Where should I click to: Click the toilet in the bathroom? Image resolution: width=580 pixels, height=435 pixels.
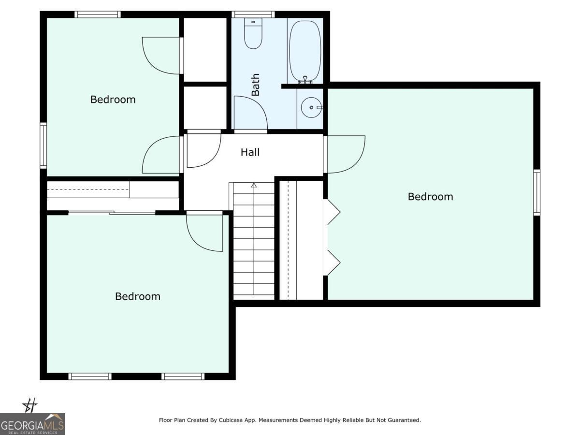click(x=253, y=34)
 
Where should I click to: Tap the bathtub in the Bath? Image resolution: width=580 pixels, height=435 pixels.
click(x=305, y=50)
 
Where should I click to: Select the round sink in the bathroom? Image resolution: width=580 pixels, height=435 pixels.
click(x=311, y=107)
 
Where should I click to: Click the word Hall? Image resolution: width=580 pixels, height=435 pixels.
click(x=250, y=152)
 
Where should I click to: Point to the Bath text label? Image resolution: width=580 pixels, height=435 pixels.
click(x=255, y=85)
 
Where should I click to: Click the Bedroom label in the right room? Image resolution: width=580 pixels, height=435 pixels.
click(x=430, y=197)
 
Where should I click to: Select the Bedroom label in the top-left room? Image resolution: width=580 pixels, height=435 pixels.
click(x=113, y=100)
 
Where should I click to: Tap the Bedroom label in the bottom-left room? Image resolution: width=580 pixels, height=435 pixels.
click(x=137, y=296)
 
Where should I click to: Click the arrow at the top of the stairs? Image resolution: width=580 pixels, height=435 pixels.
click(x=254, y=185)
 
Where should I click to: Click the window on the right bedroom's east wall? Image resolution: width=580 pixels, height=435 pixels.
click(x=536, y=192)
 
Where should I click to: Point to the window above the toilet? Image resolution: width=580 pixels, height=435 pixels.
click(x=253, y=14)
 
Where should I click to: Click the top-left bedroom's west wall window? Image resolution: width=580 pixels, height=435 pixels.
click(x=43, y=145)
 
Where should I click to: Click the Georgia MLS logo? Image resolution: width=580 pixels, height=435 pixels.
click(x=32, y=424)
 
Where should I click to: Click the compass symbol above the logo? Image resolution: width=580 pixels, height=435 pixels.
click(x=30, y=405)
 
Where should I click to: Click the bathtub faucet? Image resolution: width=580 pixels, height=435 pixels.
click(x=305, y=80)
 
